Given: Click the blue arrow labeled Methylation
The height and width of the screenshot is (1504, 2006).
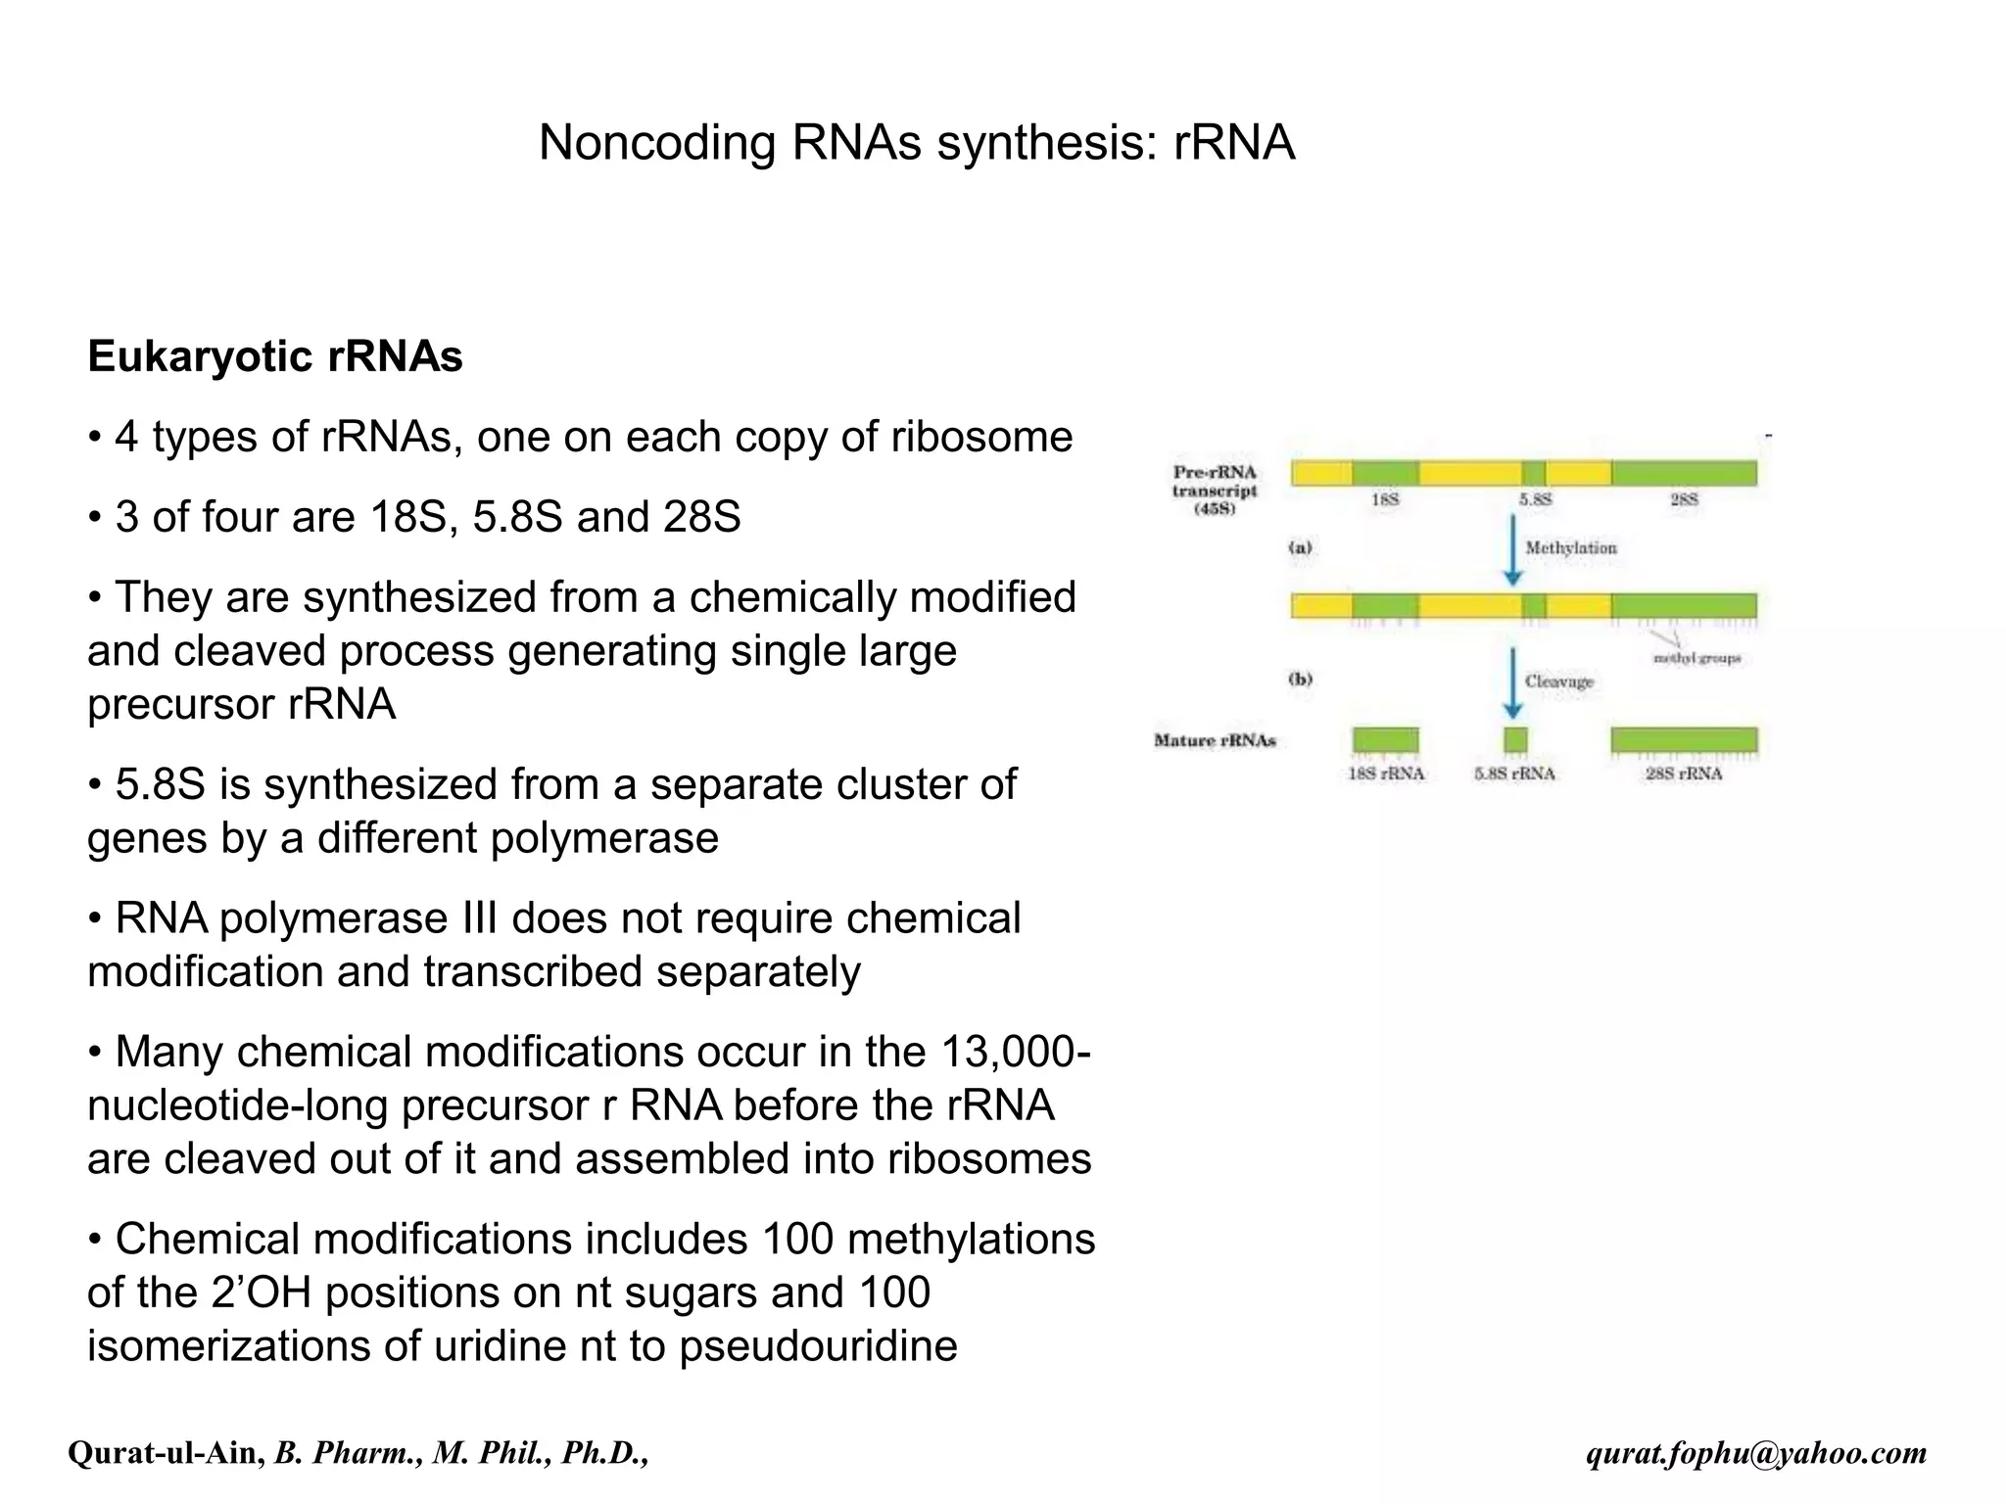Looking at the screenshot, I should pyautogui.click(x=1513, y=548).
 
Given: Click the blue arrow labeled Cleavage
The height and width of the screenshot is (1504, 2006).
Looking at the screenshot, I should pyautogui.click(x=1513, y=681).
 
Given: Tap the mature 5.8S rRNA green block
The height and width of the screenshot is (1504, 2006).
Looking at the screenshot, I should pyautogui.click(x=1515, y=739).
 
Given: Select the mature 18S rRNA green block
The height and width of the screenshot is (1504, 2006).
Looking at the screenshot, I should pyautogui.click(x=1385, y=739).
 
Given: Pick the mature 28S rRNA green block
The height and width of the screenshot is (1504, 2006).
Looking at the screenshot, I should pyautogui.click(x=1684, y=739).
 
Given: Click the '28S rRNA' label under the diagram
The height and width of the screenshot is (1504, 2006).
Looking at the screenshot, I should pyautogui.click(x=1684, y=774).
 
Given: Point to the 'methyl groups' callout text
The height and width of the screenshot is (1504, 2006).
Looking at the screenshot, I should pyautogui.click(x=1697, y=658).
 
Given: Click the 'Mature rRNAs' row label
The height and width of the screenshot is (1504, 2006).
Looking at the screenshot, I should pyautogui.click(x=1215, y=740).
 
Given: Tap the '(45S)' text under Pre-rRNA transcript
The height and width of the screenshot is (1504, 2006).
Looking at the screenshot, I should pyautogui.click(x=1215, y=509).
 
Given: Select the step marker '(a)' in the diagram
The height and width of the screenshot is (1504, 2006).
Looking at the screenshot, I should pyautogui.click(x=1300, y=548).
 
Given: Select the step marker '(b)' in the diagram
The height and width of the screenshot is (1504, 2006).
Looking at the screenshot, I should pyautogui.click(x=1300, y=680).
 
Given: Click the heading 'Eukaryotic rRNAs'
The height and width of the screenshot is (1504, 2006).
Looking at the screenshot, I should pyautogui.click(x=275, y=356).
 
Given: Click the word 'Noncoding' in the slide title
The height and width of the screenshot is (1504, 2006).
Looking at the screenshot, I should pyautogui.click(x=657, y=143).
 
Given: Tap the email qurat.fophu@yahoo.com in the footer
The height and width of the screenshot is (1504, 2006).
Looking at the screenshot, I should pyautogui.click(x=1756, y=1453).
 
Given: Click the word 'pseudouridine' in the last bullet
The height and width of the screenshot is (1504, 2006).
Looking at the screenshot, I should pyautogui.click(x=818, y=1345).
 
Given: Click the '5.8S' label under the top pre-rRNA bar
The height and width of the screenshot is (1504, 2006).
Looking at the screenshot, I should pyautogui.click(x=1535, y=499).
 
